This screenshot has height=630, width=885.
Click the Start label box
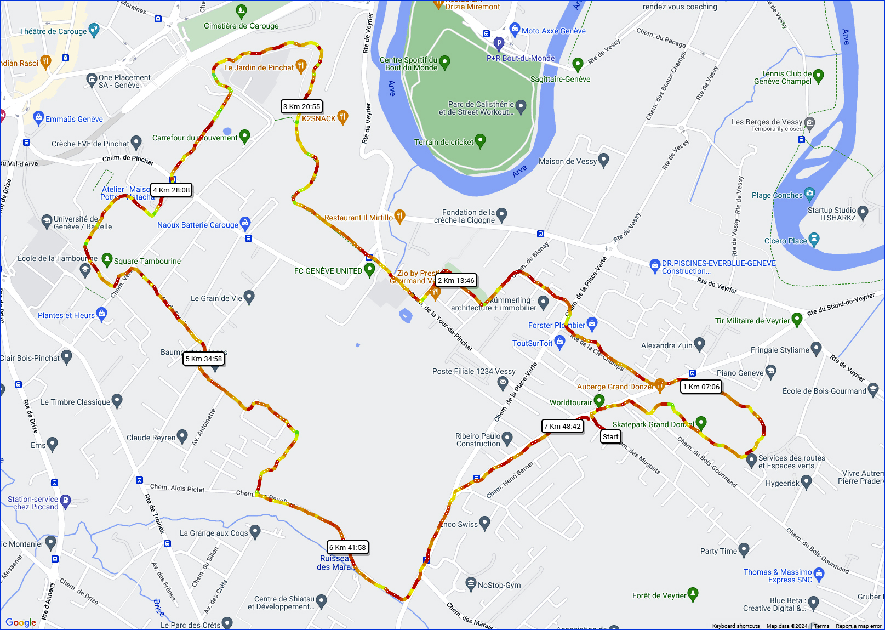point(610,436)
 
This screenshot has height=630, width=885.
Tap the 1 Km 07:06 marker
point(701,387)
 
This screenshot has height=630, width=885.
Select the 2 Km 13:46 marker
point(456,280)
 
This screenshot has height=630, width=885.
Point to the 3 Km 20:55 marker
point(302,106)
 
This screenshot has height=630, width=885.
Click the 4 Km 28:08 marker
point(172,190)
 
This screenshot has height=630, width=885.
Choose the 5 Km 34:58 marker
point(204,359)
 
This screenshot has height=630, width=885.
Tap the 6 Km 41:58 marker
point(348,547)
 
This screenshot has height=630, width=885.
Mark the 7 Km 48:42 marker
point(562,426)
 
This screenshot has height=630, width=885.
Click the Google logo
point(21,622)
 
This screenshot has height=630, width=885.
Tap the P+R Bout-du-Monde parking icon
point(499,43)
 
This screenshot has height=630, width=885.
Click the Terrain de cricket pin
point(481,141)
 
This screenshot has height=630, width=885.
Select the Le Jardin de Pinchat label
point(259,67)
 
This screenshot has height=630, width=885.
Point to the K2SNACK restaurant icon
point(343,116)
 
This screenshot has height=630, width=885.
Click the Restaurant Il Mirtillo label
point(358,218)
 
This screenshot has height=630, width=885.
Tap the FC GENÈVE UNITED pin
point(370,269)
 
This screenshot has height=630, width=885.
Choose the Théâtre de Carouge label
point(53,31)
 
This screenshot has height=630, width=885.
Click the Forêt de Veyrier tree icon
point(693,594)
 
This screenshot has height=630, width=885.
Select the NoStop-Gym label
point(499,585)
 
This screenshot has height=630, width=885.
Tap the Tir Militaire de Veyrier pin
point(797,320)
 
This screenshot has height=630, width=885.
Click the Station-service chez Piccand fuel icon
point(66,500)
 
